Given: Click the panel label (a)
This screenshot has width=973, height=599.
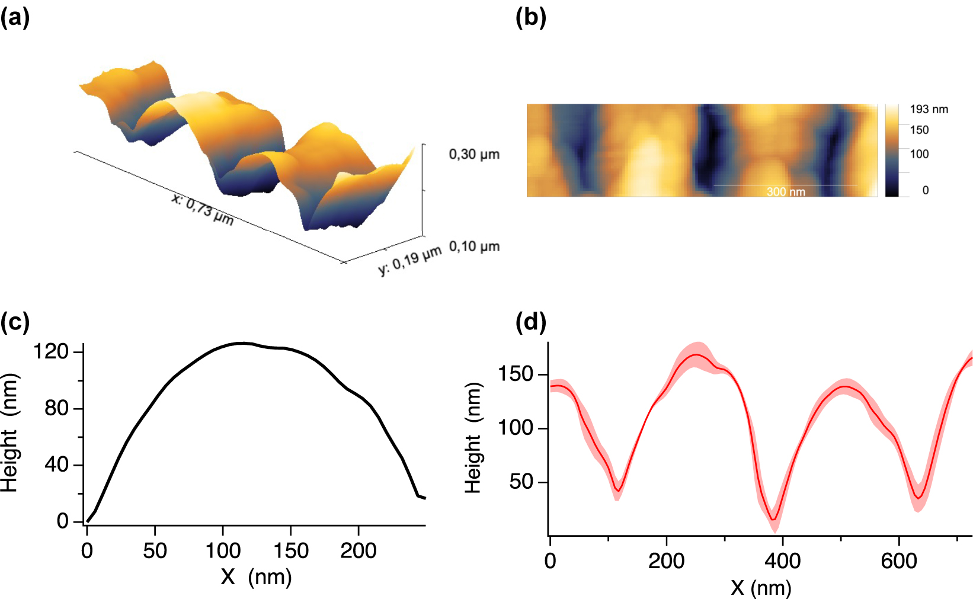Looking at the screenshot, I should pyautogui.click(x=15, y=18).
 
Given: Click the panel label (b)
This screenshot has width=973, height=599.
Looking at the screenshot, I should pyautogui.click(x=530, y=18).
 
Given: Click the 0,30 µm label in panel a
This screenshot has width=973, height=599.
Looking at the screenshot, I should pyautogui.click(x=474, y=155).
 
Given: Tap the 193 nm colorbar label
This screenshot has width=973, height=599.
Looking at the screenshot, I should pyautogui.click(x=929, y=110).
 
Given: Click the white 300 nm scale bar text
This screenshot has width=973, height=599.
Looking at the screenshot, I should pyautogui.click(x=786, y=191).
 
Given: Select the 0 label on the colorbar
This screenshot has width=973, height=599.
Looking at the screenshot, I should pyautogui.click(x=925, y=190).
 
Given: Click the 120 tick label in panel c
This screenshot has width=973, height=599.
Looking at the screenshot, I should pyautogui.click(x=51, y=352).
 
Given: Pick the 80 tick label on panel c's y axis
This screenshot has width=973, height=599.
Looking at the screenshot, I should pyautogui.click(x=56, y=408).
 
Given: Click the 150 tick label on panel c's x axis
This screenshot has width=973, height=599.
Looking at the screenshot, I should pyautogui.click(x=290, y=551).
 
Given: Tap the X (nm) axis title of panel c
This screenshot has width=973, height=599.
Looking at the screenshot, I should pyautogui.click(x=256, y=576).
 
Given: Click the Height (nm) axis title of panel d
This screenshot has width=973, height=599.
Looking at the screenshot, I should pyautogui.click(x=473, y=438).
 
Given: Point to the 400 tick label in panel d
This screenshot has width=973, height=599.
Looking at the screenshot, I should pyautogui.click(x=782, y=560).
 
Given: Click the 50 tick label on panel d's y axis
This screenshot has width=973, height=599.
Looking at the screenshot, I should pyautogui.click(x=521, y=482).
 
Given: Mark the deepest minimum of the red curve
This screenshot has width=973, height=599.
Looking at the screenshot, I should pyautogui.click(x=773, y=520).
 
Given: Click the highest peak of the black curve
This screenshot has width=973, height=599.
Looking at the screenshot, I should pyautogui.click(x=242, y=343).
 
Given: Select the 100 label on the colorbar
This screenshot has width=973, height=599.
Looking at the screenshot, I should pyautogui.click(x=919, y=154).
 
